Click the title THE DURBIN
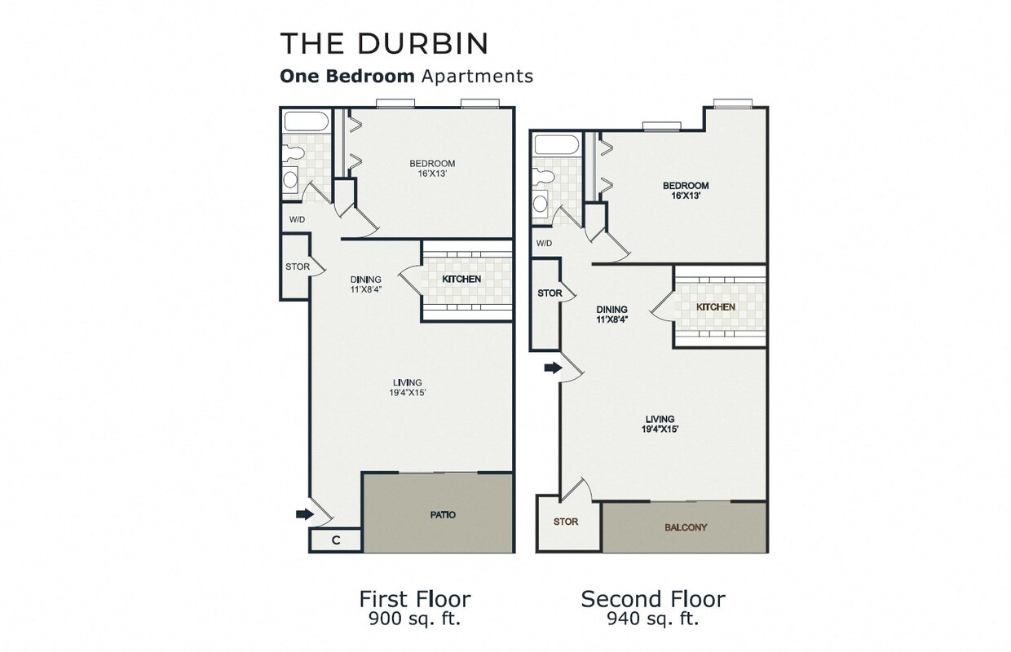(x=383, y=43)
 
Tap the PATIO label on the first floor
(x=442, y=515)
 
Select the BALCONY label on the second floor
(x=686, y=527)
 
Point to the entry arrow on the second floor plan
(x=553, y=368)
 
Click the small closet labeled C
(x=335, y=540)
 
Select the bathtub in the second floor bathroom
(x=556, y=147)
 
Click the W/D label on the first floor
(x=298, y=219)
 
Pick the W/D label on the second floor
(x=544, y=244)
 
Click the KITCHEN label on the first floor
(x=461, y=280)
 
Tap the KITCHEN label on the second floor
(x=715, y=307)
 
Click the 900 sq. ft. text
(x=415, y=619)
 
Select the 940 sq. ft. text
(x=652, y=619)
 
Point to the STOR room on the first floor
(x=296, y=267)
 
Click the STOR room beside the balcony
(x=565, y=522)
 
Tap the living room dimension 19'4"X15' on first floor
(x=407, y=393)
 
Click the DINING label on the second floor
(x=611, y=310)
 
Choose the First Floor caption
(x=415, y=600)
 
